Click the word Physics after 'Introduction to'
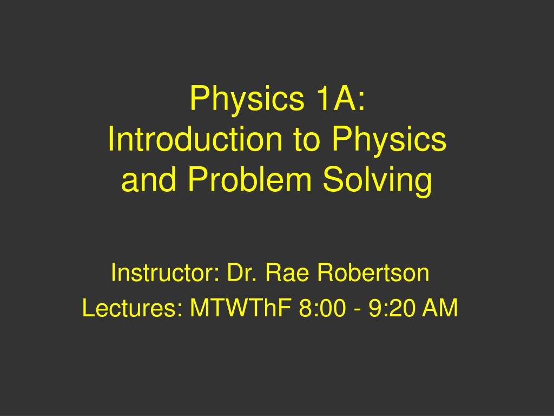tap(390, 140)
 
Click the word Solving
tap(378, 181)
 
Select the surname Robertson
tap(373, 273)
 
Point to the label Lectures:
tap(132, 309)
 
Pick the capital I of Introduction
tap(111, 140)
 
